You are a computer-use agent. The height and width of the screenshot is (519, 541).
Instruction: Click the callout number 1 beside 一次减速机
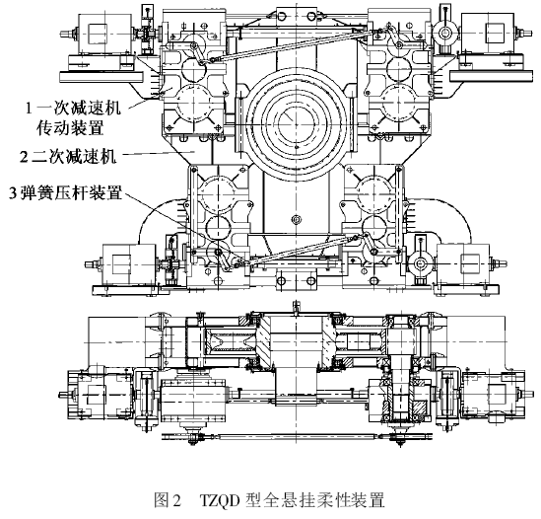click(29, 109)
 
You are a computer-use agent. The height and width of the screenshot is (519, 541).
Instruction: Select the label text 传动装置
click(71, 128)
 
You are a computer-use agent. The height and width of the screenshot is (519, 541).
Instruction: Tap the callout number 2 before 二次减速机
click(24, 158)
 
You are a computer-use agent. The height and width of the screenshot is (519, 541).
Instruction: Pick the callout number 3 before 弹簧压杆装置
click(13, 193)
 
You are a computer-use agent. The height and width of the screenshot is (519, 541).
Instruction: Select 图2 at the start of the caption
click(168, 499)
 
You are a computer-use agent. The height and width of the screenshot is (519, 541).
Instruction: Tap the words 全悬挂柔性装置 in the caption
click(323, 499)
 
